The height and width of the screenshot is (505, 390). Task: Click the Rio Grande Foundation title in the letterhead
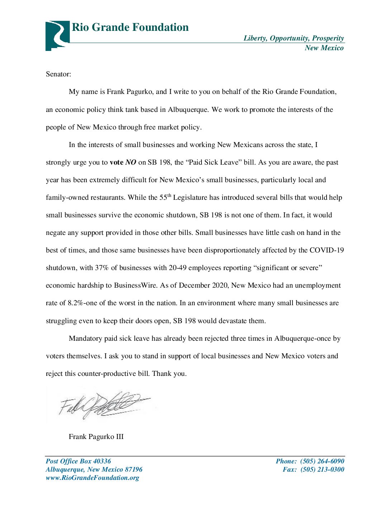click(130, 28)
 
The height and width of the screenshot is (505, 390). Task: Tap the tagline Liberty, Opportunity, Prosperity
click(294, 38)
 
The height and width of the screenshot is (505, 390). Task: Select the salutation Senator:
click(58, 74)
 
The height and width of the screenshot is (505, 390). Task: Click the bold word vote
click(116, 162)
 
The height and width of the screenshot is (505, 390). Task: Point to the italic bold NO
click(131, 162)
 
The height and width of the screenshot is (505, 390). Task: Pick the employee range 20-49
click(177, 268)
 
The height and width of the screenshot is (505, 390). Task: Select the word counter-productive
click(107, 374)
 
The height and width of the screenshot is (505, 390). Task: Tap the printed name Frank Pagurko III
click(96, 437)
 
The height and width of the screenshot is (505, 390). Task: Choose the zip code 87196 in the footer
click(134, 469)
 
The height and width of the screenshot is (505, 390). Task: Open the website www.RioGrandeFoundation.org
click(92, 478)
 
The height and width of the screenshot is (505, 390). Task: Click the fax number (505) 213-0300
click(322, 469)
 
